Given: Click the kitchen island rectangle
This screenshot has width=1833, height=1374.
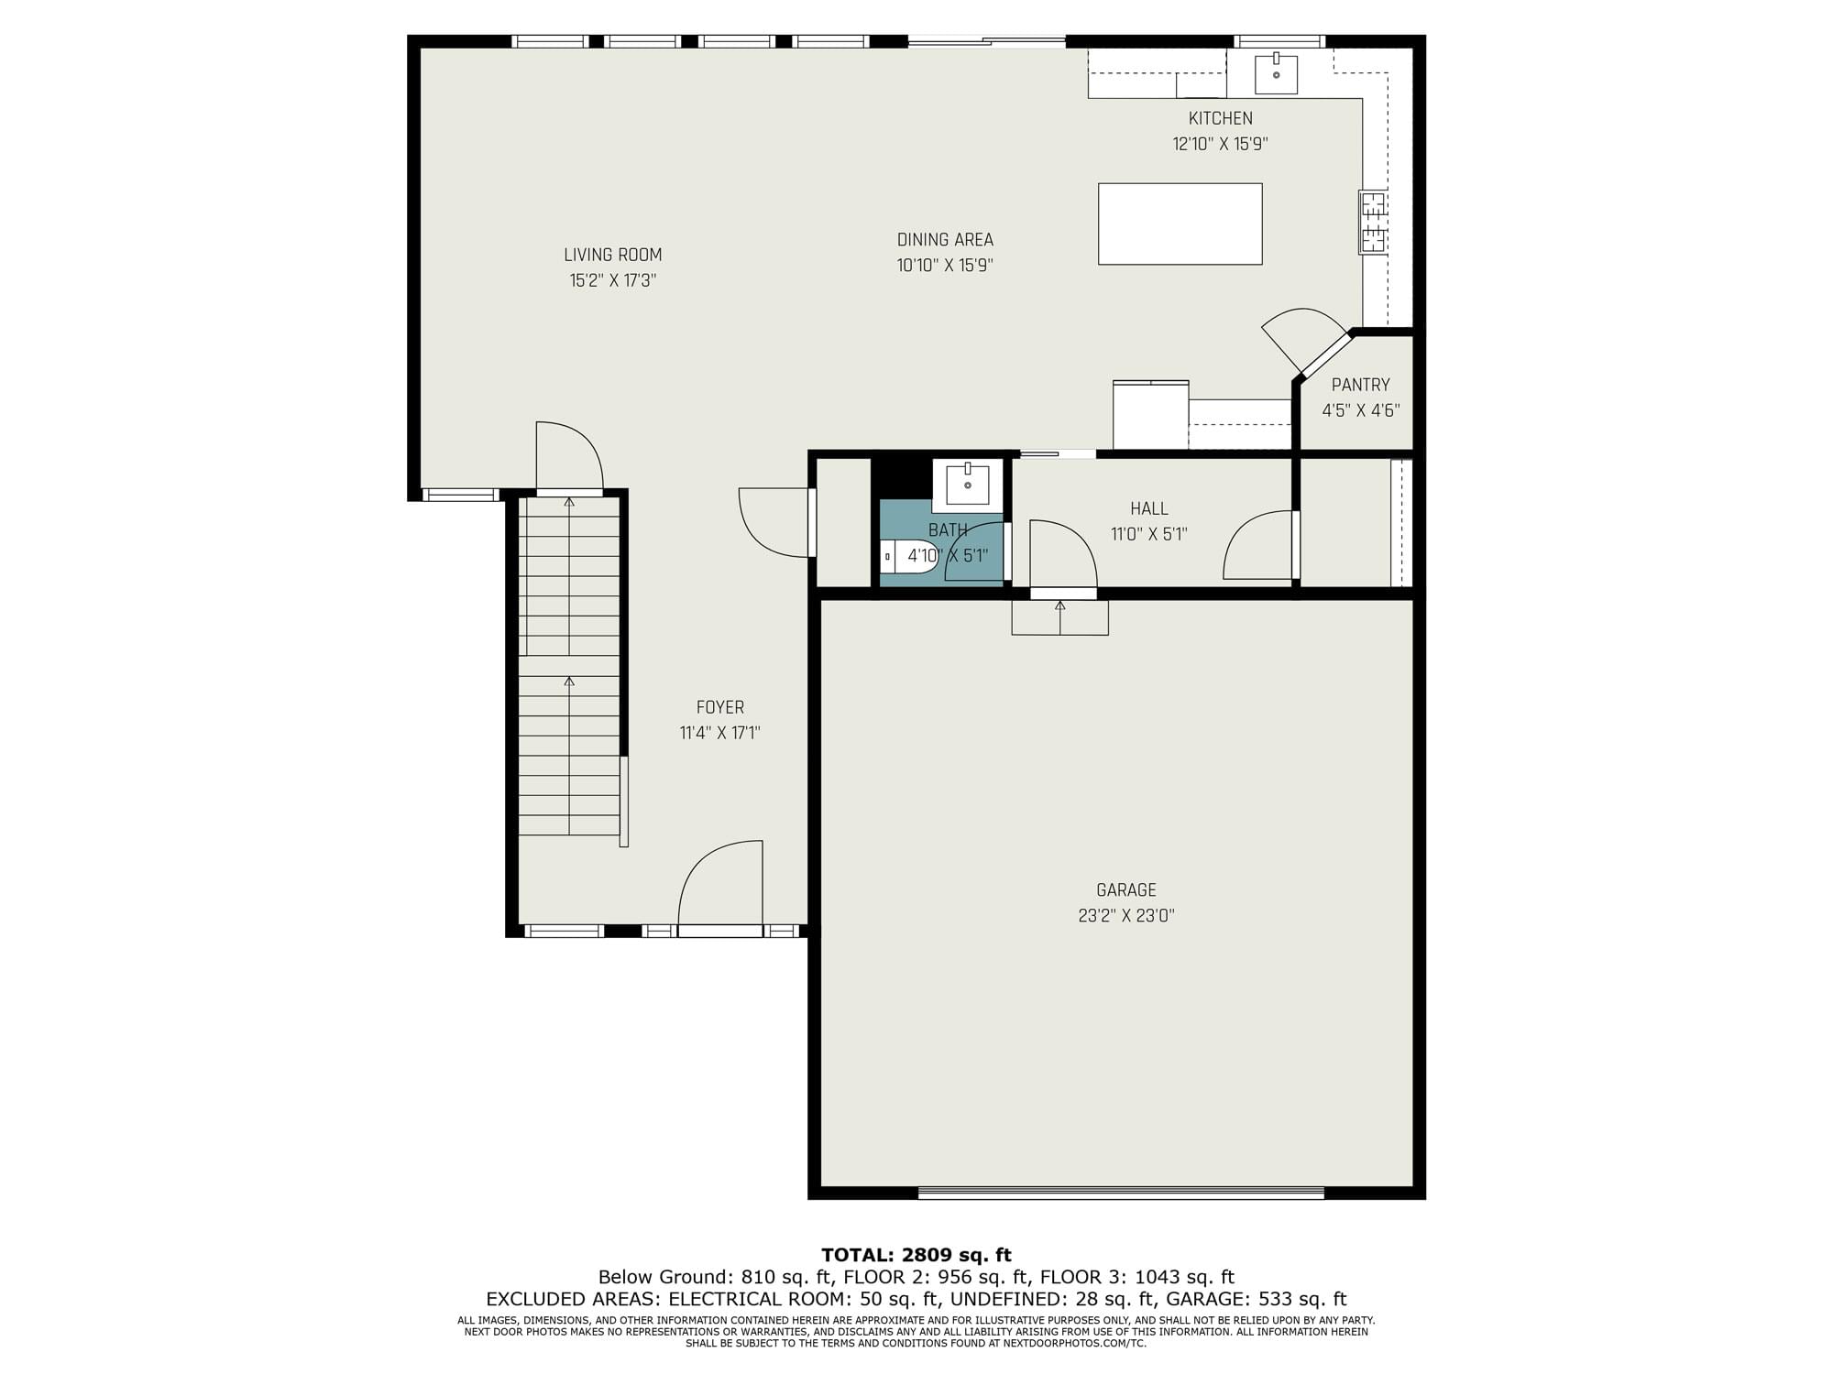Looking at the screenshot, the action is [1180, 224].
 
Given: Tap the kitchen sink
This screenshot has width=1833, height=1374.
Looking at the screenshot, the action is [1276, 73].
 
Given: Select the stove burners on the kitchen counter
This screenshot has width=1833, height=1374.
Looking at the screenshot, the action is [1373, 222].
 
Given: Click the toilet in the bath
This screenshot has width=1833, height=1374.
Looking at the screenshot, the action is [908, 556].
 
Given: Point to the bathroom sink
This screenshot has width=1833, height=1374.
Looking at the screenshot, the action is [968, 484].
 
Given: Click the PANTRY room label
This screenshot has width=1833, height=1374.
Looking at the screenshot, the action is [1360, 385].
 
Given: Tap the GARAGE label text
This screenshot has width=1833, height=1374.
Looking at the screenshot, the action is [1126, 889].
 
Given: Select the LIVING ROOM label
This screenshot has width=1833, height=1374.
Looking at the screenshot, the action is [612, 255].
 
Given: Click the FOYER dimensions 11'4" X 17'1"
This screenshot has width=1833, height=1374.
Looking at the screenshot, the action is [720, 733].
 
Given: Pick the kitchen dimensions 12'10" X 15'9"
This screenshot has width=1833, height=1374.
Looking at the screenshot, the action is [1220, 144].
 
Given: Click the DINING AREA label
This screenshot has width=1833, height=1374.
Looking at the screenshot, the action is [945, 240].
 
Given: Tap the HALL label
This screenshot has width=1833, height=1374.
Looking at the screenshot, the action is [1149, 508].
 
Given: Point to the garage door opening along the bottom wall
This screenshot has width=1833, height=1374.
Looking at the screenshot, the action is [1121, 1193].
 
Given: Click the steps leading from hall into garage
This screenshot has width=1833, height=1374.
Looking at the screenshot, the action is [1060, 617].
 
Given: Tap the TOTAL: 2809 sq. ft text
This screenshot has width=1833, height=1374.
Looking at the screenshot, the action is [916, 1255].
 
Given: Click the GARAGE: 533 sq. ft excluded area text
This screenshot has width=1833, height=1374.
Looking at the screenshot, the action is [1252, 1299].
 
